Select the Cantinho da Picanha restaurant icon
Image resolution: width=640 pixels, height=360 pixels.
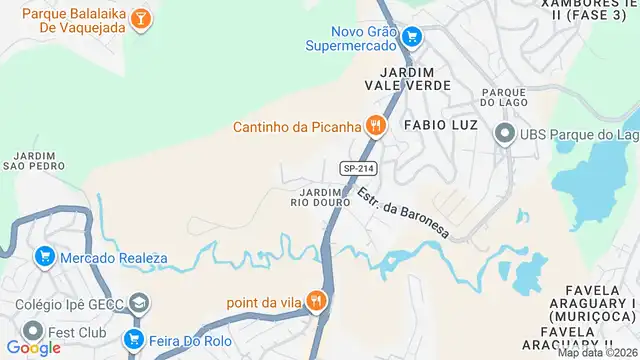tap(376, 126)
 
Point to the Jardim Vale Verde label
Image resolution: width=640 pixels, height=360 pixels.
tap(407, 79)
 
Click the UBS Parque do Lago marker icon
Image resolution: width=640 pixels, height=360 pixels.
tap(505, 134)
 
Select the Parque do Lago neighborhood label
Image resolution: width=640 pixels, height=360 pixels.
tap(504, 96)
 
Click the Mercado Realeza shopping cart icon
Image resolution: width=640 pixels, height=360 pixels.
tap(44, 257)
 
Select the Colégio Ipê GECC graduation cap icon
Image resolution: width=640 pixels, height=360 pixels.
tap(141, 302)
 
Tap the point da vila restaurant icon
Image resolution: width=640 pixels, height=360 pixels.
tap(316, 299)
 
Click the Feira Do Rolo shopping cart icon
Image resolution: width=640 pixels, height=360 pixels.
tap(134, 339)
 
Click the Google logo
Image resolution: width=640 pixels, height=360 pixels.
tap(33, 348)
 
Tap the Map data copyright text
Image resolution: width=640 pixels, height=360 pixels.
tap(597, 353)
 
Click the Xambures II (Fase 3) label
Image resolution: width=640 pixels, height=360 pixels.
tap(590, 11)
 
